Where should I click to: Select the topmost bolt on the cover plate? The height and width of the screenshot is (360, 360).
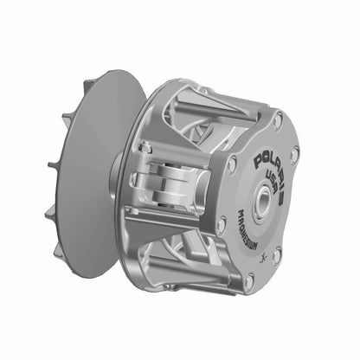(x=277, y=121)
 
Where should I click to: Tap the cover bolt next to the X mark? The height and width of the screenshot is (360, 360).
(x=277, y=254)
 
